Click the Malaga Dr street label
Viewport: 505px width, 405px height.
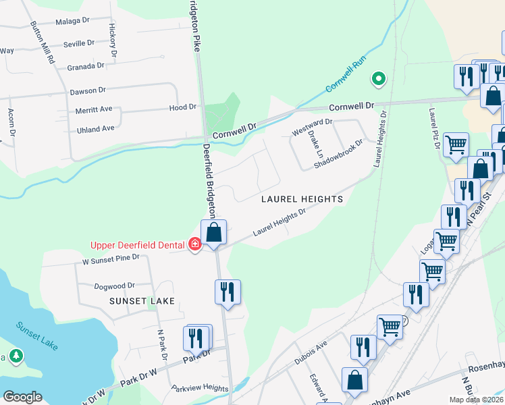click(73, 21)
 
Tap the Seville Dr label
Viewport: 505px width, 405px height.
click(78, 43)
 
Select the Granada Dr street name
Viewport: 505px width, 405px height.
click(86, 66)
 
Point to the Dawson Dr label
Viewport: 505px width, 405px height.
click(88, 90)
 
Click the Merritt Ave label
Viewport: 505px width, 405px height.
click(94, 109)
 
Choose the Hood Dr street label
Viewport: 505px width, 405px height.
click(182, 107)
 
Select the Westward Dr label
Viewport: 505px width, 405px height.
click(312, 126)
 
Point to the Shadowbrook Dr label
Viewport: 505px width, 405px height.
click(338, 155)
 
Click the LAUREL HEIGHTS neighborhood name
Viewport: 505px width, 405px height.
click(302, 199)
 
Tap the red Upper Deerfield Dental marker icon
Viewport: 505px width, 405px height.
click(195, 244)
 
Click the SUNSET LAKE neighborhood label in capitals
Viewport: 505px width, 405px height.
click(144, 301)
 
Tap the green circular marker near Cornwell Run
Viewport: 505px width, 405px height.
click(379, 80)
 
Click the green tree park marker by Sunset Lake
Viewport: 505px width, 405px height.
click(16, 356)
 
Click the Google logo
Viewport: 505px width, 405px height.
click(22, 396)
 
